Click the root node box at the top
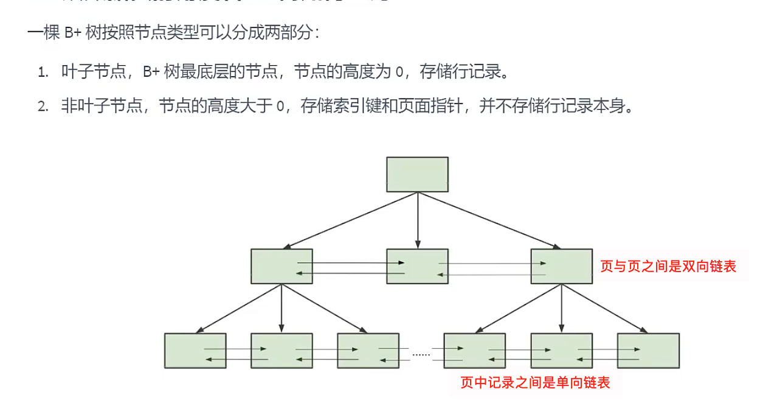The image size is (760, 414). point(417,174)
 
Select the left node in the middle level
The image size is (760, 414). point(282,266)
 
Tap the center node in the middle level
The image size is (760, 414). point(417,266)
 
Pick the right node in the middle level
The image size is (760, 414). point(561,266)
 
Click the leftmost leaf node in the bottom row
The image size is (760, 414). point(195,351)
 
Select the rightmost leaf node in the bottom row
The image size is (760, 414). point(648,351)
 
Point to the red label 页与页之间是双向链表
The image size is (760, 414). point(668,266)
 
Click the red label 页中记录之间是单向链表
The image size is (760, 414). point(535,382)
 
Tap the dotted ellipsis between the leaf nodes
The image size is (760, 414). point(421,353)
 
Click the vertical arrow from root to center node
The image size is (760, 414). point(417,220)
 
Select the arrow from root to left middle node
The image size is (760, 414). point(350,220)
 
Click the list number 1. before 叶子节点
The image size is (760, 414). point(43,72)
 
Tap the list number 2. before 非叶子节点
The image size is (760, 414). point(43,107)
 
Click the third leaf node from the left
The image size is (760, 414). point(368,351)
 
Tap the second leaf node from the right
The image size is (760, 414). point(561,351)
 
